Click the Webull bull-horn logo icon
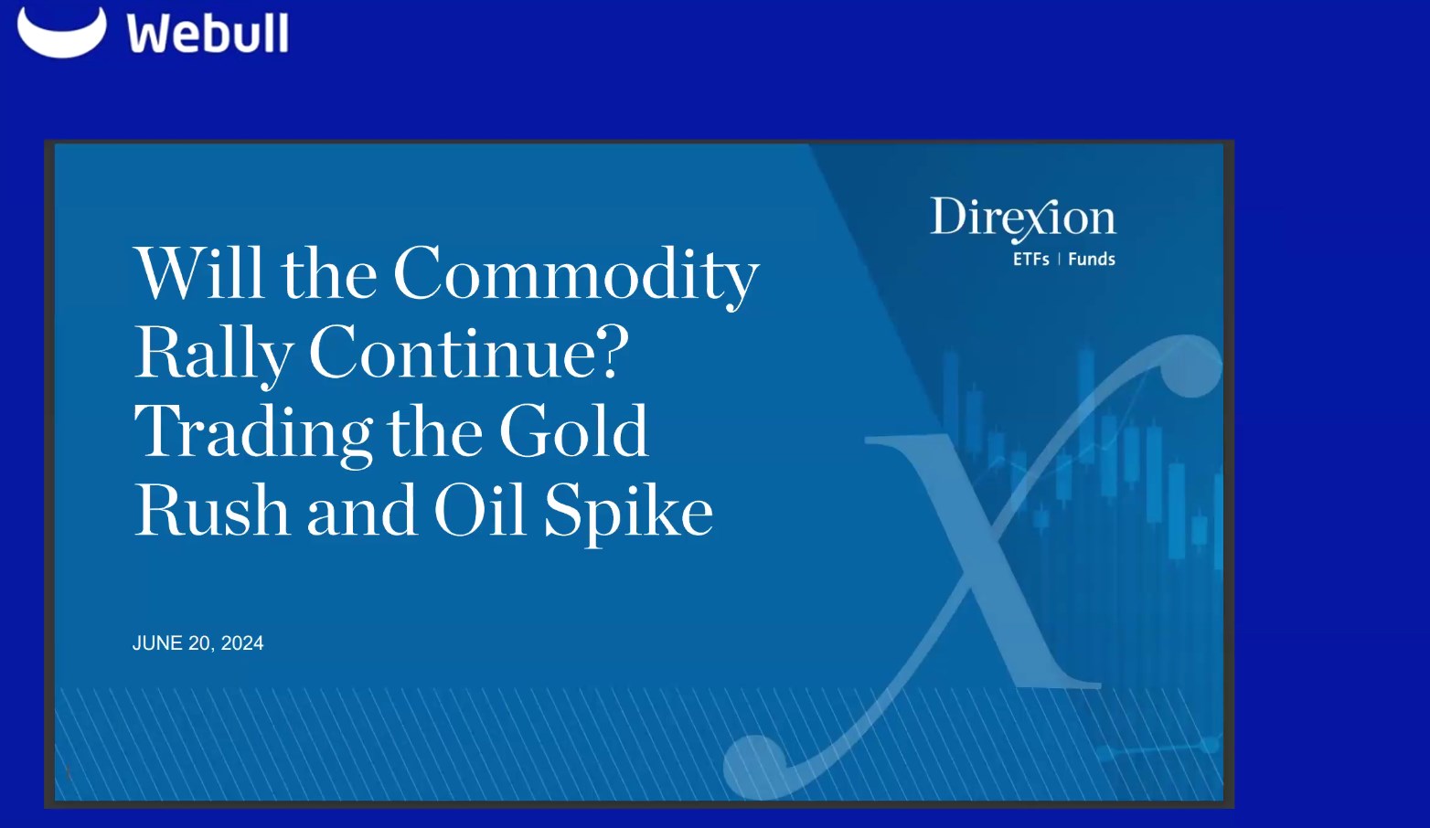(61, 32)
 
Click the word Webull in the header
(208, 34)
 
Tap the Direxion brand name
(1023, 218)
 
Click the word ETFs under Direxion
(1030, 260)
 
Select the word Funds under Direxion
(1092, 260)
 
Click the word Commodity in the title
(576, 274)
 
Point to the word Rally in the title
(214, 354)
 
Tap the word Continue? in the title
(468, 353)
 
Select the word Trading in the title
(252, 432)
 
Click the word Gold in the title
(573, 431)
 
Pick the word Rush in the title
(212, 511)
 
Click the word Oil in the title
(480, 510)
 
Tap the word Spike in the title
(628, 512)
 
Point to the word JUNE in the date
(157, 643)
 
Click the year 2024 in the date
(242, 643)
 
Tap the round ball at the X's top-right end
(1192, 366)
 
